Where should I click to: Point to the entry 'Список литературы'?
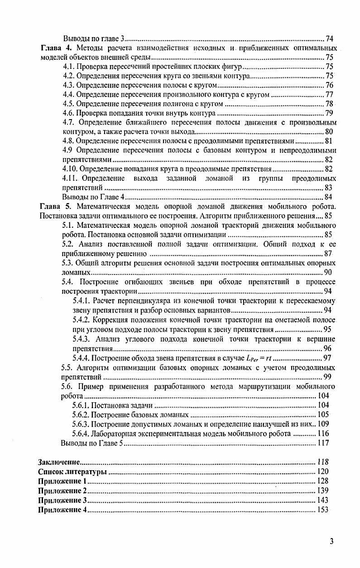(x=72, y=472)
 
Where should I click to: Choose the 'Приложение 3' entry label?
(x=62, y=500)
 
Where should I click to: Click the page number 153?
(x=322, y=510)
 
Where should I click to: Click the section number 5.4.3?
(x=82, y=339)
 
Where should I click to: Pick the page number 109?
(x=323, y=424)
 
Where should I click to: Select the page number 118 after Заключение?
(x=322, y=462)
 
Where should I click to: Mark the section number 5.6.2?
(x=82, y=415)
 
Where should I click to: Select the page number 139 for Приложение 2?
(x=322, y=491)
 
